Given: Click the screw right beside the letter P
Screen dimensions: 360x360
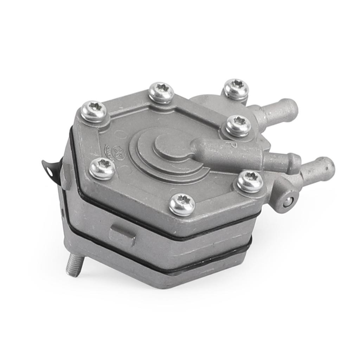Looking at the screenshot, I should (238, 126).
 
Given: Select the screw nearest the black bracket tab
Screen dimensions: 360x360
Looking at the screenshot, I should (102, 169).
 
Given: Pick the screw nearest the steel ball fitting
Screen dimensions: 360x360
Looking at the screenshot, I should (250, 182).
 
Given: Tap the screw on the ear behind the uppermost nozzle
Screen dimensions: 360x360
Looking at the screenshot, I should (236, 89).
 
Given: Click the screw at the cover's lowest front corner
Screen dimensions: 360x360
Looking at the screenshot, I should (182, 205).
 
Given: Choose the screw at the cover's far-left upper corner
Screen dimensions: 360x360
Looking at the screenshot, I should (94, 111).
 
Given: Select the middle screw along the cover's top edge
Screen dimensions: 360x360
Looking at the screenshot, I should (161, 92).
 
